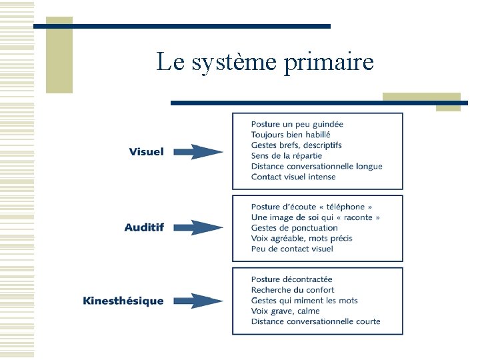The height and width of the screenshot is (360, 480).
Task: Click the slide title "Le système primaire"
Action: [265, 63]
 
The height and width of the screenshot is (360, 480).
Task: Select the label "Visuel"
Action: [146, 152]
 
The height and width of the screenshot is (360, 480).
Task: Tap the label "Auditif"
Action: [144, 227]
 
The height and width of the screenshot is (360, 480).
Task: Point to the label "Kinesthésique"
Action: [123, 301]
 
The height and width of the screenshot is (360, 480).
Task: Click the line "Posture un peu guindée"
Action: [297, 124]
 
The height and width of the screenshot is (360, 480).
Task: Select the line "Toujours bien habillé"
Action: [291, 135]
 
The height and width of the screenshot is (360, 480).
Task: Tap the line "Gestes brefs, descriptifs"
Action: [296, 145]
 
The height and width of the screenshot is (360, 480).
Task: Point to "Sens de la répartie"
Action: [286, 156]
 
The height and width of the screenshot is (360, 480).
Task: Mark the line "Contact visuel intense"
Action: [293, 177]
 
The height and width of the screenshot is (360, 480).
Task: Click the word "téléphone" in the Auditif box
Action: [345, 207]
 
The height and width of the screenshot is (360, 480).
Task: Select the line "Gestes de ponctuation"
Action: [294, 228]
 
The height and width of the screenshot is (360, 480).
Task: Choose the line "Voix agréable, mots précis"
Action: [301, 238]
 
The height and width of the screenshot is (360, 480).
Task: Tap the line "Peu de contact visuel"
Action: [291, 249]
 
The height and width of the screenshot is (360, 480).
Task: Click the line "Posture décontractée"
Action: [291, 279]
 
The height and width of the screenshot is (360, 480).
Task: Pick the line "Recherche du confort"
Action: [292, 290]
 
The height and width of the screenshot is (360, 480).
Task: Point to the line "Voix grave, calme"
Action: [285, 311]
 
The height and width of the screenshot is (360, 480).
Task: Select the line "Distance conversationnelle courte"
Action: [315, 321]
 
